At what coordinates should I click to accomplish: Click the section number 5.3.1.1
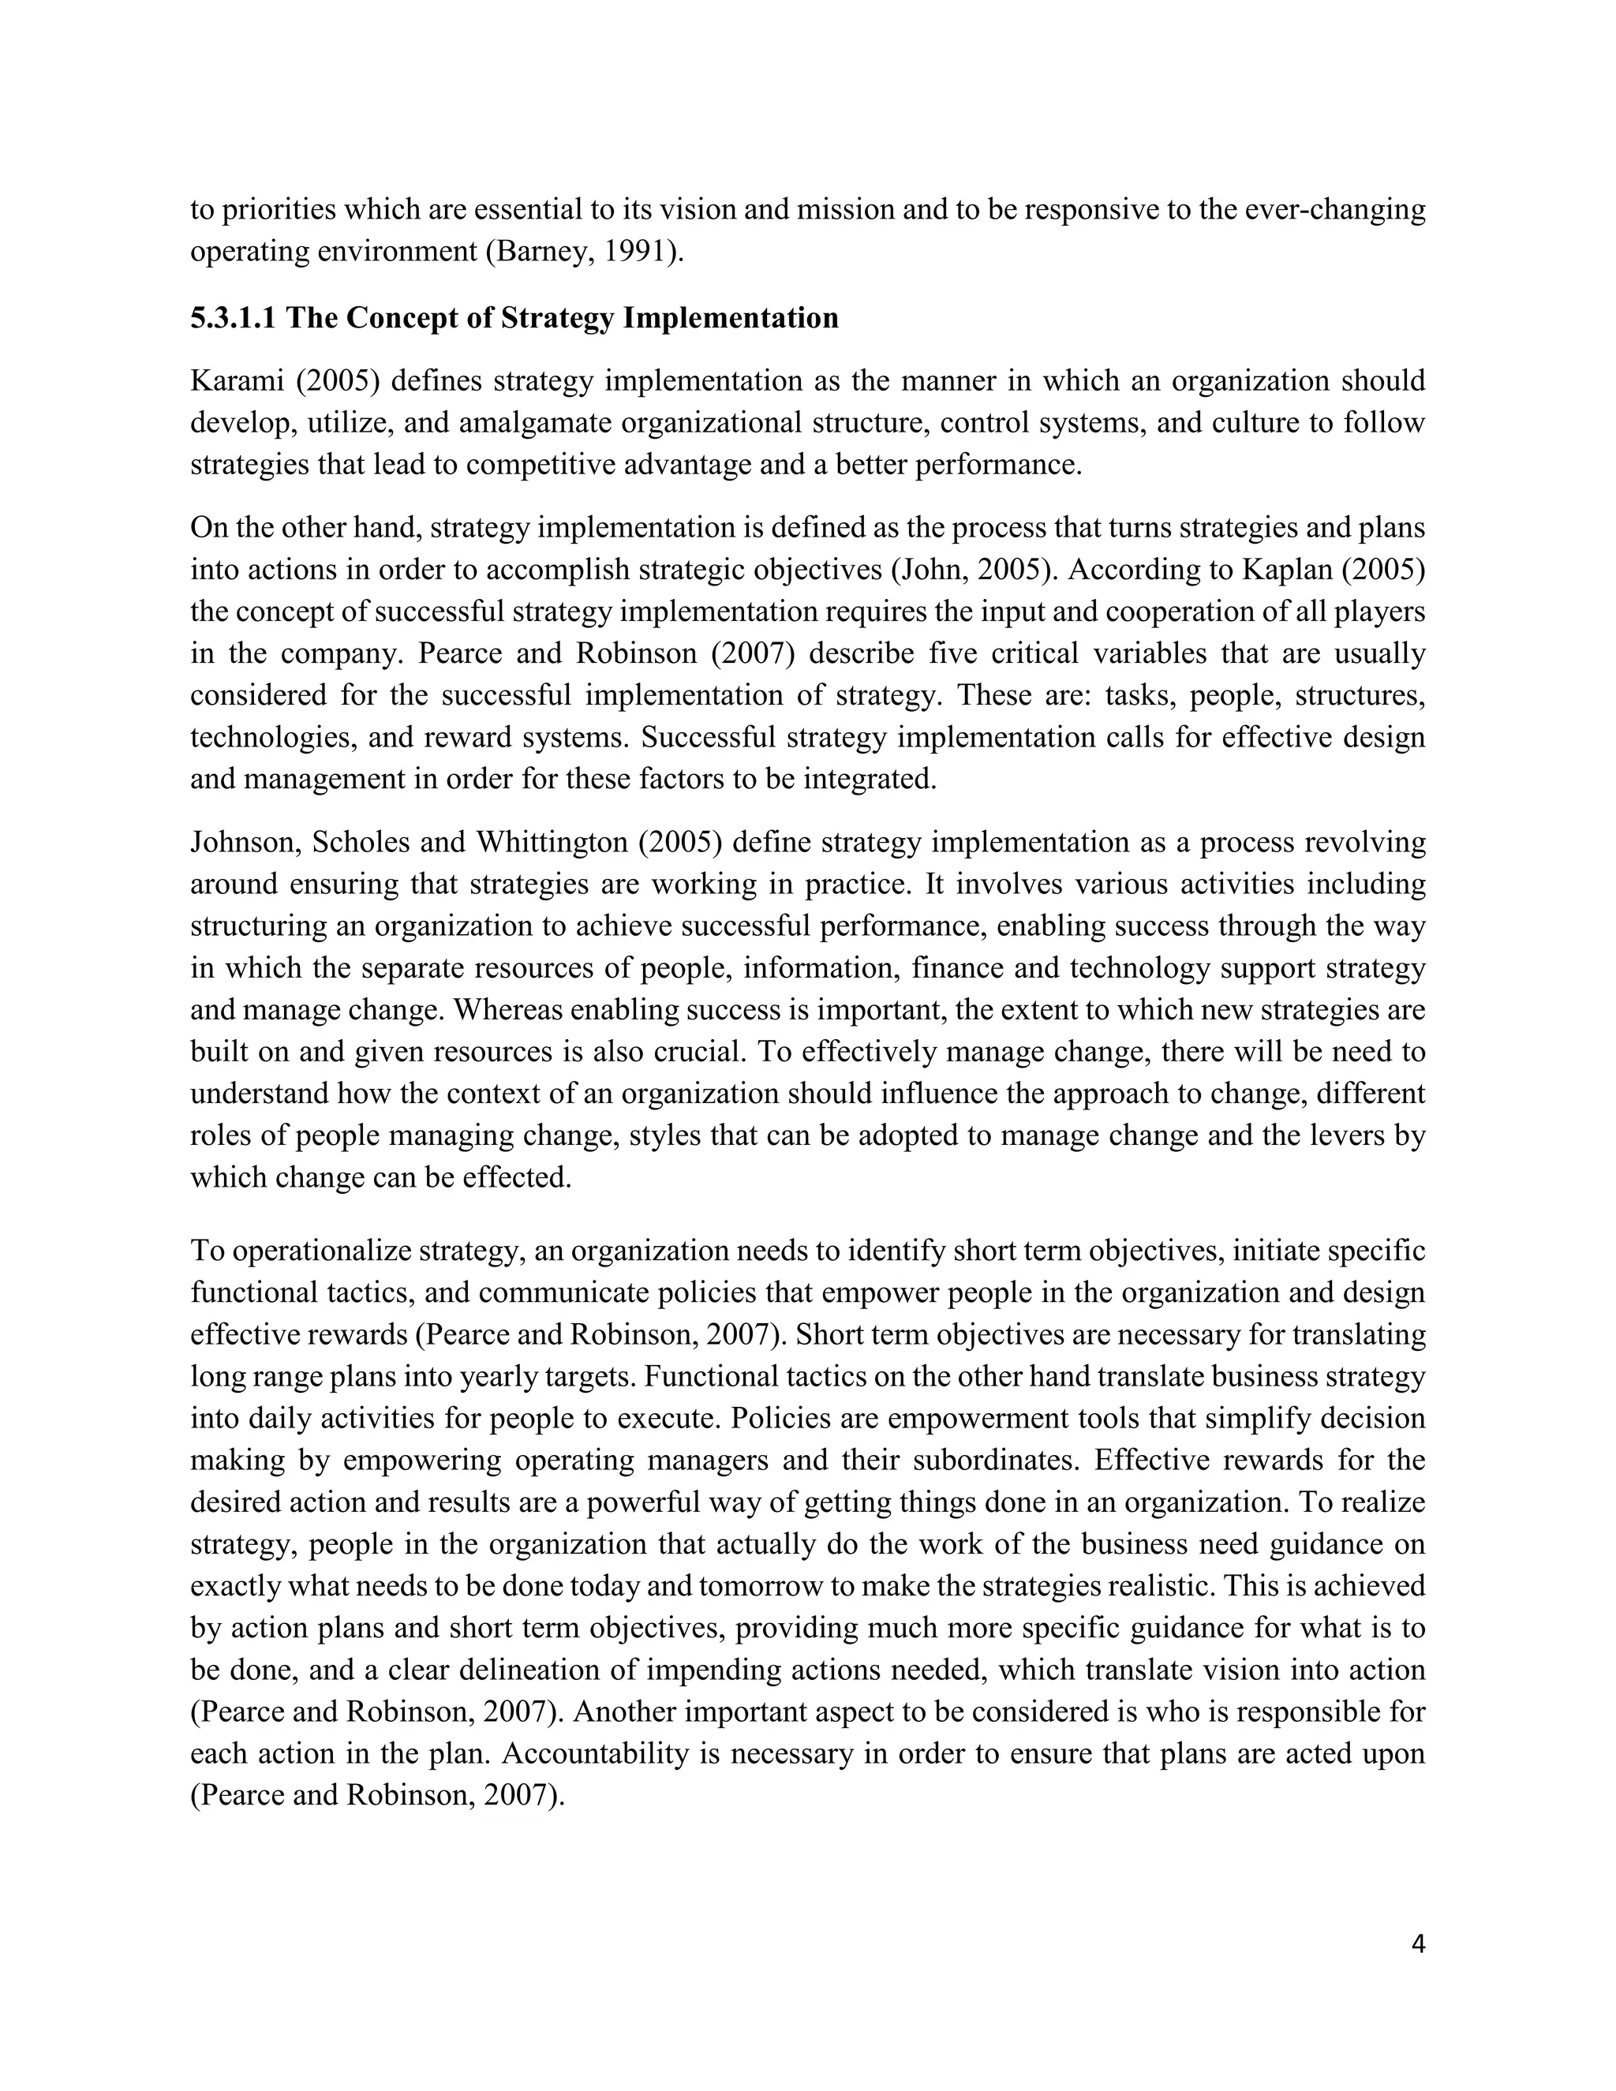coord(233,318)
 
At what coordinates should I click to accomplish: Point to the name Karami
coord(234,381)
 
